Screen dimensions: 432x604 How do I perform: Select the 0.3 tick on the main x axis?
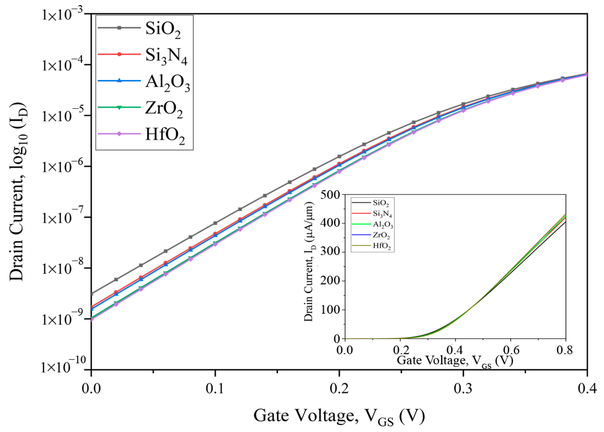(463, 389)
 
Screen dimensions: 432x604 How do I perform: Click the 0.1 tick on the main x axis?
(215, 389)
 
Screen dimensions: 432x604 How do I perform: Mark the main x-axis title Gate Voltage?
(339, 416)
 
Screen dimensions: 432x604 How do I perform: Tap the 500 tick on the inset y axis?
(330, 195)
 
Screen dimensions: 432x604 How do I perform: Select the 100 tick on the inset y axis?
(330, 310)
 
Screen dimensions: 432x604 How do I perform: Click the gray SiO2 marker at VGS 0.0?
(92, 294)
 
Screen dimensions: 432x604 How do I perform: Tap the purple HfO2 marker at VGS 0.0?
(92, 319)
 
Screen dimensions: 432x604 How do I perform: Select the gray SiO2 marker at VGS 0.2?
(339, 156)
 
